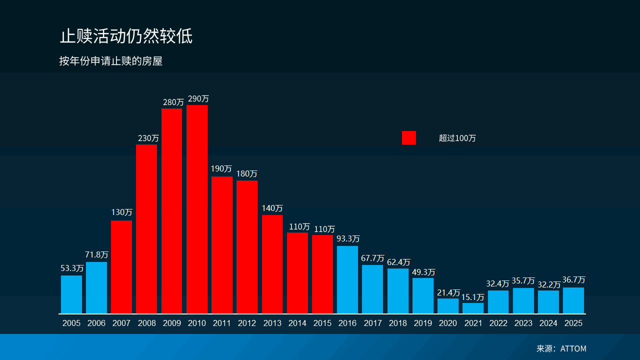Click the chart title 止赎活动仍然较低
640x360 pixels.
coord(126,36)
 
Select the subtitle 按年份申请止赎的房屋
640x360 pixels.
coord(110,61)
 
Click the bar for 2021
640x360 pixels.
coord(473,308)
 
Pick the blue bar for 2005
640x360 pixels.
coord(71,294)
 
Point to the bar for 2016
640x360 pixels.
coord(347,279)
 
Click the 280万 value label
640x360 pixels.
coord(173,102)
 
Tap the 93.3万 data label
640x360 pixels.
coord(348,239)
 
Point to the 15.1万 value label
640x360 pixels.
coord(472,297)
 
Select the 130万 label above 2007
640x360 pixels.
coord(121,212)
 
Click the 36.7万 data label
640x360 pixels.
coord(573,280)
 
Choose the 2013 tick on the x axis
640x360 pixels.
coord(272,323)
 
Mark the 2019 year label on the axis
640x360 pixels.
coord(423,323)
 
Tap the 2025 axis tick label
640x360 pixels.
coord(573,323)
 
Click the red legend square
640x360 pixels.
coord(408,138)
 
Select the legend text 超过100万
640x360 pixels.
coord(457,138)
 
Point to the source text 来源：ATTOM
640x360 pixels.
coord(561,348)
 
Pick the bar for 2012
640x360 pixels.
coord(247,247)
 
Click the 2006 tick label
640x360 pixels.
coord(96,323)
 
